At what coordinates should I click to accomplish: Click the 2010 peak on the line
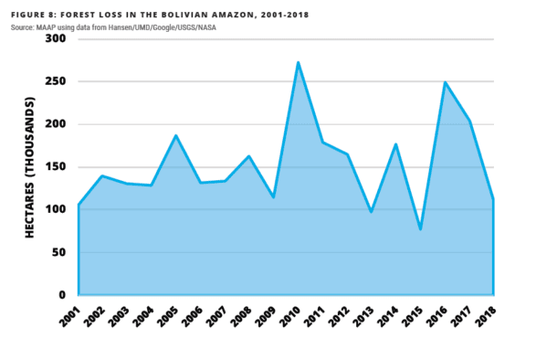click(x=297, y=63)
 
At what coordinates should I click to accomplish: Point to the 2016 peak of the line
click(x=445, y=83)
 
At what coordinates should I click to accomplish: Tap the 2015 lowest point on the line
click(x=420, y=228)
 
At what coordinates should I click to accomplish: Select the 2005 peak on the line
click(x=175, y=136)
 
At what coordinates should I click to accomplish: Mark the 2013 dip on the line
click(x=372, y=212)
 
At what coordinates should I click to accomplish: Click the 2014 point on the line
click(x=395, y=144)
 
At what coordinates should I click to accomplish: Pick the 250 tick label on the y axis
click(x=56, y=81)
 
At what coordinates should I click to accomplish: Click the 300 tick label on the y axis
click(x=56, y=38)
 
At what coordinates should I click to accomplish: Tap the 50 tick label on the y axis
click(x=59, y=252)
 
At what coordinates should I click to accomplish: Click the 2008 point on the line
click(x=248, y=156)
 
